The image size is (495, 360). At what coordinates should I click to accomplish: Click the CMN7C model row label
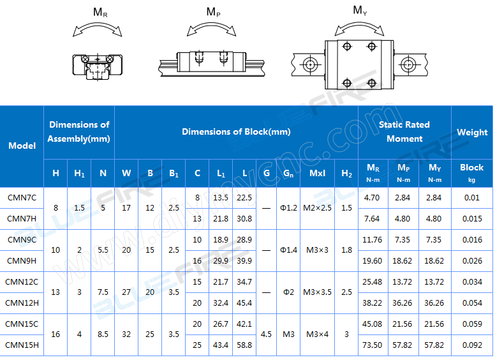click(22, 198)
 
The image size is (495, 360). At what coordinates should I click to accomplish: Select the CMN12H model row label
click(22, 303)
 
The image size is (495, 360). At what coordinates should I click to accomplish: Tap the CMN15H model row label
click(22, 345)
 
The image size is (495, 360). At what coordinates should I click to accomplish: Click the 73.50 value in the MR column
click(372, 345)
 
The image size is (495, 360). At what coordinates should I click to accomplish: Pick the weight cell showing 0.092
click(472, 345)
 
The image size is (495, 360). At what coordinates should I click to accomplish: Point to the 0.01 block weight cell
click(472, 198)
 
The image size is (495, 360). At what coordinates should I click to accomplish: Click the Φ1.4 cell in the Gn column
click(289, 250)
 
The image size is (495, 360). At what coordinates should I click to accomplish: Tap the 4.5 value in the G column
click(267, 334)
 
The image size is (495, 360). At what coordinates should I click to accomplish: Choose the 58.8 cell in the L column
click(244, 345)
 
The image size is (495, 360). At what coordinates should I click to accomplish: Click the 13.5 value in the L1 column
click(221, 198)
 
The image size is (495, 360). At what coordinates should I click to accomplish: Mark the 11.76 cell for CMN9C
click(372, 239)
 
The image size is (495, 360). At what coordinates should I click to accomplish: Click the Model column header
click(22, 146)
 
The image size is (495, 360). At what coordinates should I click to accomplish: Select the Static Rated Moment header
click(404, 131)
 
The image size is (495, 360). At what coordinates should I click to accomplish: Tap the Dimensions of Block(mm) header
click(236, 131)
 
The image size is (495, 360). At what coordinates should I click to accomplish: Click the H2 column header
click(346, 173)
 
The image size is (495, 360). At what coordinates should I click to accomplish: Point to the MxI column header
click(317, 173)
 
